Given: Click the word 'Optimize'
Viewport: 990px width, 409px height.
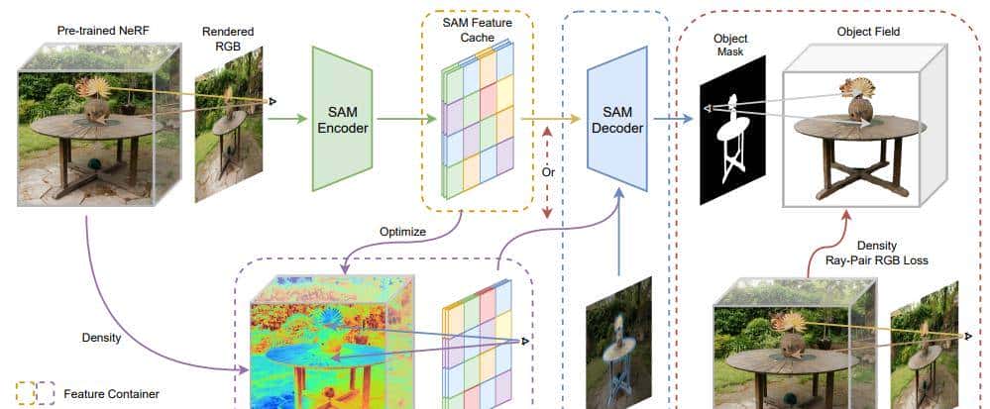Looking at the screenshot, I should [402, 232].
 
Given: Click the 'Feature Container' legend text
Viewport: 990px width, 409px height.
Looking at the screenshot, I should [111, 394].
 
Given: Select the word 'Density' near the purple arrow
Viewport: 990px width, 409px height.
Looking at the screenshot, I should [101, 338].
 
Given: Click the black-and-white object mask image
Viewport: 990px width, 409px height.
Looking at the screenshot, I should [733, 130].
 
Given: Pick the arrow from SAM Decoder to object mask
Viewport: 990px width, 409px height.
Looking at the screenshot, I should [674, 119].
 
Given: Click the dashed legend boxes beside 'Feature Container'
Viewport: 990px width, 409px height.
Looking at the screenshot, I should [35, 394].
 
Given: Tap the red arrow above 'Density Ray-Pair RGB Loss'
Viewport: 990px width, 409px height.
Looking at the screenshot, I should [848, 226].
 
